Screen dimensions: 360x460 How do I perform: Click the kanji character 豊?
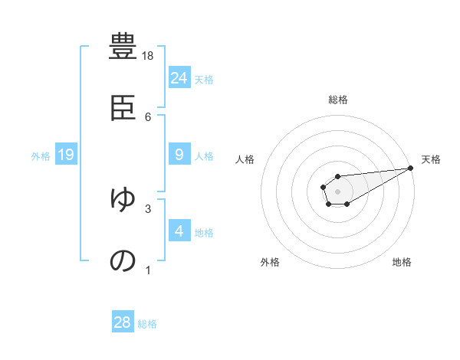click(x=123, y=47)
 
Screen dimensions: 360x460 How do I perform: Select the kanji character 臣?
click(x=123, y=108)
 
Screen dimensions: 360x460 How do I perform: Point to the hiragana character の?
click(x=123, y=260)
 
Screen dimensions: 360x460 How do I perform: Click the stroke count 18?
click(x=148, y=56)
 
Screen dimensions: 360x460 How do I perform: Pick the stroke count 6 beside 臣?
click(x=148, y=116)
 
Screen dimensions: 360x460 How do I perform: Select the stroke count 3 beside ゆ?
click(x=148, y=208)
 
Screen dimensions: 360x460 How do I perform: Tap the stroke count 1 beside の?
click(x=148, y=269)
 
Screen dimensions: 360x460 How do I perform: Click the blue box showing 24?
click(x=179, y=77)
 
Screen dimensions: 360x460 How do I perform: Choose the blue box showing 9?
click(x=179, y=155)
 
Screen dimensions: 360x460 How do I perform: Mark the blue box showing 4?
click(x=179, y=231)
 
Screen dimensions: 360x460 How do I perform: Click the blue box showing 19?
click(x=66, y=155)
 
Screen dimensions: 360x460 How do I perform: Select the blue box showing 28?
click(x=123, y=322)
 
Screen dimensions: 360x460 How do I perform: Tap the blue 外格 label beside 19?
click(x=41, y=155)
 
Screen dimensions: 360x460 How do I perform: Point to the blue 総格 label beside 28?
click(x=147, y=323)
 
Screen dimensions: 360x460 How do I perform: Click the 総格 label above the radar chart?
click(x=337, y=100)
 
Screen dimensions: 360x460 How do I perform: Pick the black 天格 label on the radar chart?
click(x=432, y=159)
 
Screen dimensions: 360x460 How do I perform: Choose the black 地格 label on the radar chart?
click(x=402, y=262)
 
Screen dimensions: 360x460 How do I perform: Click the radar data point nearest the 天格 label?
click(x=410, y=168)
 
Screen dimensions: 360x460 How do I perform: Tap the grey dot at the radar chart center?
click(x=337, y=191)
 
